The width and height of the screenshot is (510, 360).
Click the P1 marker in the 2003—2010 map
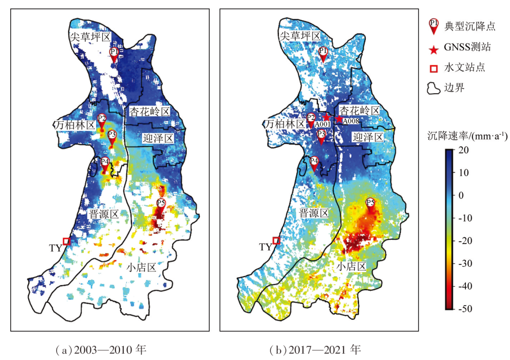tap(114, 53)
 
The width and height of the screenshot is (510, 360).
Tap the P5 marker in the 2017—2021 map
tap(371, 204)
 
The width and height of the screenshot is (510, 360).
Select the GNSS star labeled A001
tap(327, 117)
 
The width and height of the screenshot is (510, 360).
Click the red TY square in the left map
tap(66, 241)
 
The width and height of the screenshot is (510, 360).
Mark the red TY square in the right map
tap(276, 240)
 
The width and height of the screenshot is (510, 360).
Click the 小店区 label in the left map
tap(141, 267)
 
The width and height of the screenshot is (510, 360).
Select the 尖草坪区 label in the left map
tap(90, 37)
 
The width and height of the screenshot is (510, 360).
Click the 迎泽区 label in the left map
tap(158, 139)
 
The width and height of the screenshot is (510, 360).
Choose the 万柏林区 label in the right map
tap(285, 125)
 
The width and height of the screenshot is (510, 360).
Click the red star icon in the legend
tap(433, 48)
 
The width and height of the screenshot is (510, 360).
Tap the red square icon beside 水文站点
tap(433, 68)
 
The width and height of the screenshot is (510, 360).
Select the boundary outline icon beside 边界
tap(433, 88)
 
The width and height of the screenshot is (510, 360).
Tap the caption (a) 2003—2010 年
tap(101, 349)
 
